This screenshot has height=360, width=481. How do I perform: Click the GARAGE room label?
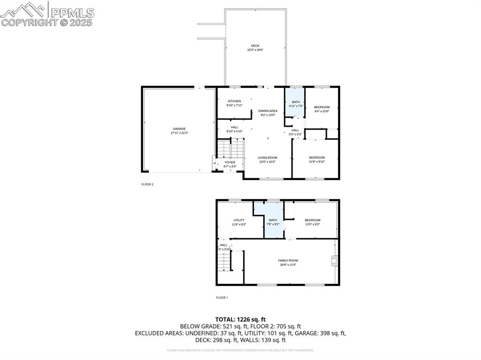pyautogui.click(x=179, y=129)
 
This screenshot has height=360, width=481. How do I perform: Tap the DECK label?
pyautogui.click(x=255, y=46)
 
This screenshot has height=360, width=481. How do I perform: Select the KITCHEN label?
pyautogui.click(x=234, y=101)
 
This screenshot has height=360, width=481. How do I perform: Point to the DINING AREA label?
pyautogui.click(x=268, y=111)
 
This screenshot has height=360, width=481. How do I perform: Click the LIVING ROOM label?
pyautogui.click(x=268, y=158)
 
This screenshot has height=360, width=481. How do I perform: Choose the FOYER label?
pyautogui.click(x=230, y=162)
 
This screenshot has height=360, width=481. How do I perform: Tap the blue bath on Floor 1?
pyautogui.click(x=273, y=221)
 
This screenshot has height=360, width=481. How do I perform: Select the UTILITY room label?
pyautogui.click(x=239, y=220)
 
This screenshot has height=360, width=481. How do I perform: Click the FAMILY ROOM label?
pyautogui.click(x=288, y=260)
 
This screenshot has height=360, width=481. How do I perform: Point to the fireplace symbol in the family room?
pyautogui.click(x=334, y=261)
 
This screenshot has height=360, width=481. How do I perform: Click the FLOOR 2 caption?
pyautogui.click(x=147, y=184)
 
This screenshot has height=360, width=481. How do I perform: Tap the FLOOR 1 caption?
pyautogui.click(x=222, y=298)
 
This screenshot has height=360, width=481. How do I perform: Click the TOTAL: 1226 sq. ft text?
pyautogui.click(x=240, y=319)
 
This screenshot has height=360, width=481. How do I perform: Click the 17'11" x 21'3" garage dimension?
pyautogui.click(x=179, y=133)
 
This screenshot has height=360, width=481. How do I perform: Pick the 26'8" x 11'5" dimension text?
pyautogui.click(x=288, y=265)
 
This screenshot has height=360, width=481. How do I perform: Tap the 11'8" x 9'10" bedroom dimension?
pyautogui.click(x=317, y=162)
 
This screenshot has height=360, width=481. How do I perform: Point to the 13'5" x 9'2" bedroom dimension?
pyautogui.click(x=312, y=224)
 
